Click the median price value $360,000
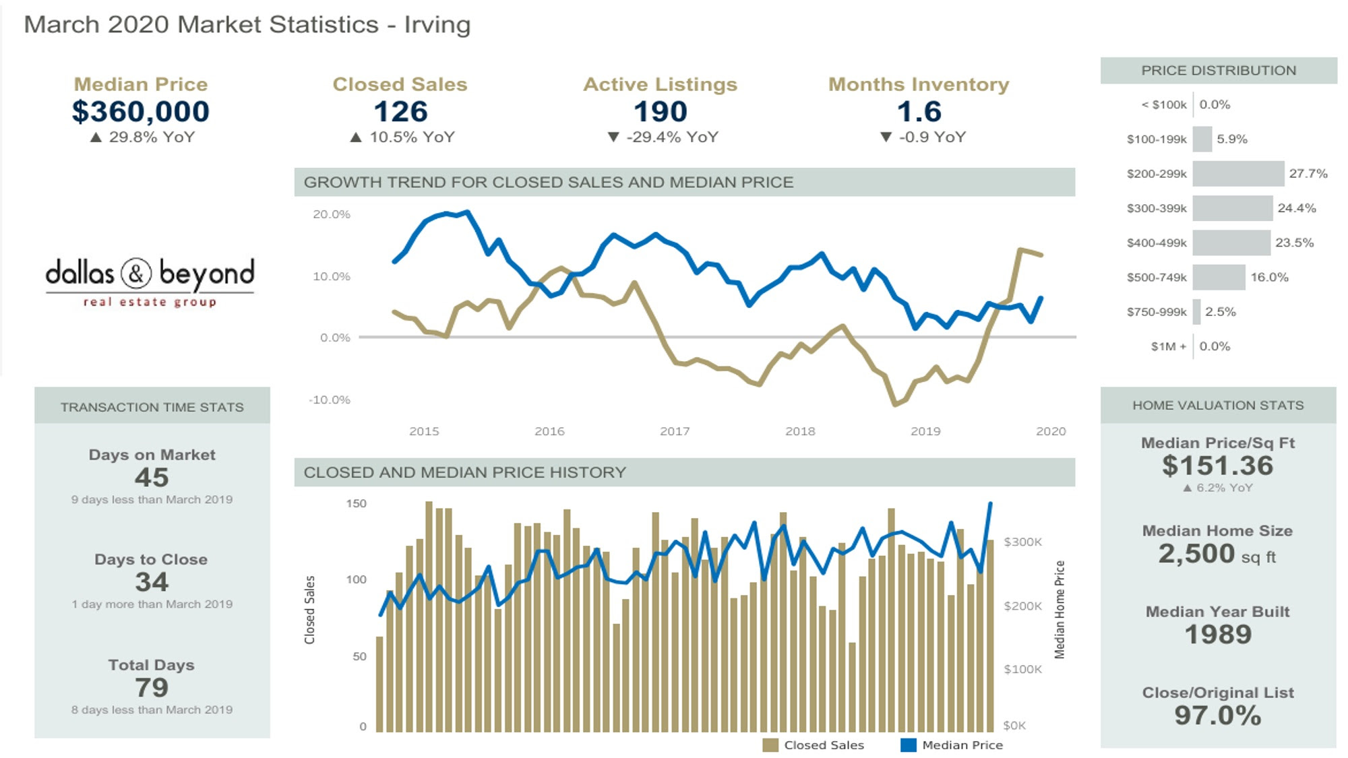point(141,112)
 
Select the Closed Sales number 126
point(400,112)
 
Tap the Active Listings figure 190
point(660,112)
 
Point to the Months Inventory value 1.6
point(919,112)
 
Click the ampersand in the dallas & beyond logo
point(136,274)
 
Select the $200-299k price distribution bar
point(1238,174)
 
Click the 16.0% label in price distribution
point(1269,277)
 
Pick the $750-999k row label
point(1157,312)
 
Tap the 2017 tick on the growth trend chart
point(675,431)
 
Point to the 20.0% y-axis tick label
point(331,214)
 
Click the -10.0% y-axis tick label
point(330,400)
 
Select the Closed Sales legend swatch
point(770,745)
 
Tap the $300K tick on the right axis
point(1022,542)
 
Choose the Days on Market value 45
point(152,478)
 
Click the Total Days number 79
point(152,688)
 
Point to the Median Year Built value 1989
point(1218,635)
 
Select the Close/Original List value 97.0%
point(1218,716)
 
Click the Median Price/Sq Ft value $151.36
point(1218,466)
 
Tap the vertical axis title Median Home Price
point(1060,610)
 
